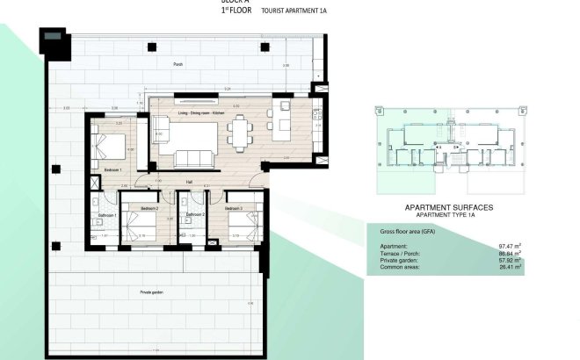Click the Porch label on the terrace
178,65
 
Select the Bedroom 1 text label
112,168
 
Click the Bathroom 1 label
107,215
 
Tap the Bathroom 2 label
194,214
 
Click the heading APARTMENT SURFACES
447,207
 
